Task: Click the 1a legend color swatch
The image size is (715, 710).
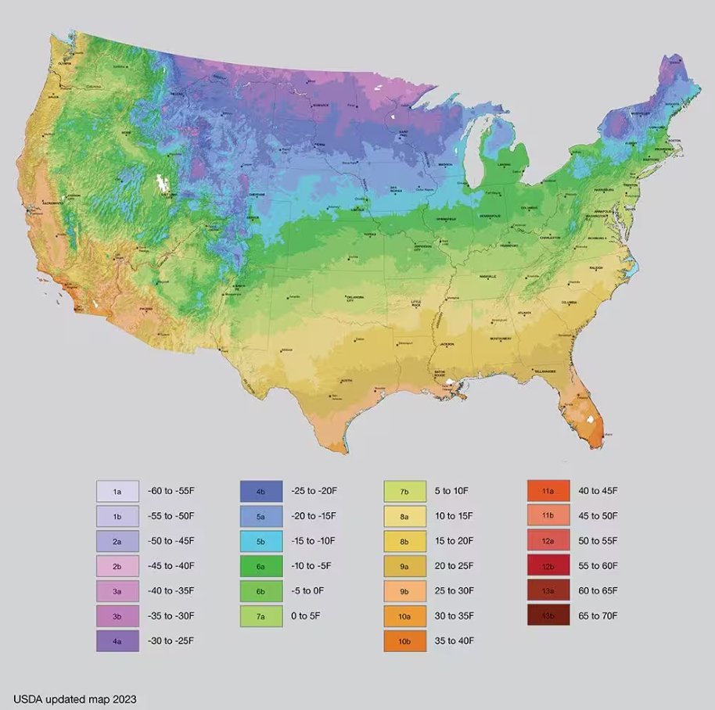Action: (117, 491)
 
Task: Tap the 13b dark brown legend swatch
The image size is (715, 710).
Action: (548, 616)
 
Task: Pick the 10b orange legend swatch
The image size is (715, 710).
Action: (404, 641)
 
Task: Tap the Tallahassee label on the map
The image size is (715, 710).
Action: (544, 371)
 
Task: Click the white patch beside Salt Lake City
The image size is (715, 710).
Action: (163, 184)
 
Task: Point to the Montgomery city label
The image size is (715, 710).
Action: (501, 338)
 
